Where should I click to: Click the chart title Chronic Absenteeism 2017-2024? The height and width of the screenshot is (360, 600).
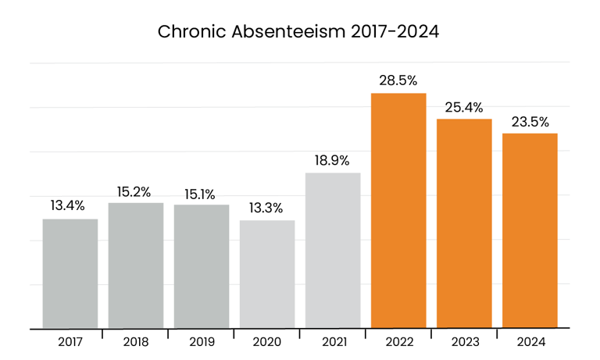(x=300, y=32)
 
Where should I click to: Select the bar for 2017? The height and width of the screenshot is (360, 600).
(x=70, y=273)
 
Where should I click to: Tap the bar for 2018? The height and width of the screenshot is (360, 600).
(x=136, y=266)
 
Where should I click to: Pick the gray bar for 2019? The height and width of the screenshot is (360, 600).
(x=202, y=266)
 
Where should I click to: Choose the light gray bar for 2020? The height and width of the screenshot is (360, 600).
(x=267, y=274)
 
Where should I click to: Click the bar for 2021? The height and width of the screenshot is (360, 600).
(x=333, y=250)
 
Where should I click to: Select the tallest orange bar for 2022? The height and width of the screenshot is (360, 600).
(x=398, y=211)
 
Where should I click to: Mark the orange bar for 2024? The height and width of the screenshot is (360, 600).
(x=530, y=231)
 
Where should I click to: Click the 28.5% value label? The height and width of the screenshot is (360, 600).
(x=398, y=81)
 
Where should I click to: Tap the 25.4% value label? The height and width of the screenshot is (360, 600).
(x=464, y=107)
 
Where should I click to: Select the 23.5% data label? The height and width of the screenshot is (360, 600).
(x=530, y=122)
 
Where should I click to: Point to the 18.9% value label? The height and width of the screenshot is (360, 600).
(x=333, y=161)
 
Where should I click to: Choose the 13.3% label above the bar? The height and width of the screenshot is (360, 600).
(x=267, y=209)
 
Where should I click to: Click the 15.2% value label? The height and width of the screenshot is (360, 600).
(x=136, y=191)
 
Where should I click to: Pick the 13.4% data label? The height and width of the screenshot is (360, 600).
(x=70, y=207)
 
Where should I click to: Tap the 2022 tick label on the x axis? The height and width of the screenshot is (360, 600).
(x=398, y=342)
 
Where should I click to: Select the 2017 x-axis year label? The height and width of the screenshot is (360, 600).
(x=70, y=342)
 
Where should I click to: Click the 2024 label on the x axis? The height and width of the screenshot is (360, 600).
(x=530, y=342)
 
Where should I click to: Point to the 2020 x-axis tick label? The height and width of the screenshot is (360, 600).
(x=267, y=342)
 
